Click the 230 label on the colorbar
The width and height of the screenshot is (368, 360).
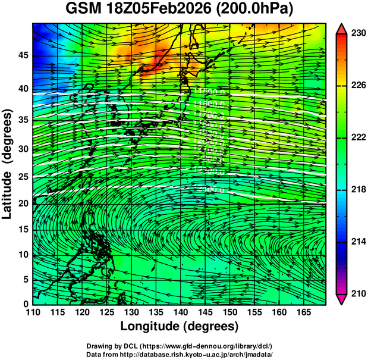click(357, 34)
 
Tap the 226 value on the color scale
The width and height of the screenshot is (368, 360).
click(357, 86)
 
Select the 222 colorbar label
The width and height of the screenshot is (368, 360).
click(357, 137)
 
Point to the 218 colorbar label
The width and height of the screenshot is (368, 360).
click(357, 190)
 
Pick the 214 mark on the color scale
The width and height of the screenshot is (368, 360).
click(357, 242)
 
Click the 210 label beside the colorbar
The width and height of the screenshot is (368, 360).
click(357, 293)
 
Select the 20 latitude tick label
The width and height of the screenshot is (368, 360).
click(21, 204)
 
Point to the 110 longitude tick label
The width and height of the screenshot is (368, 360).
click(33, 312)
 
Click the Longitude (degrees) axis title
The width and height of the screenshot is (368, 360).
click(180, 326)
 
